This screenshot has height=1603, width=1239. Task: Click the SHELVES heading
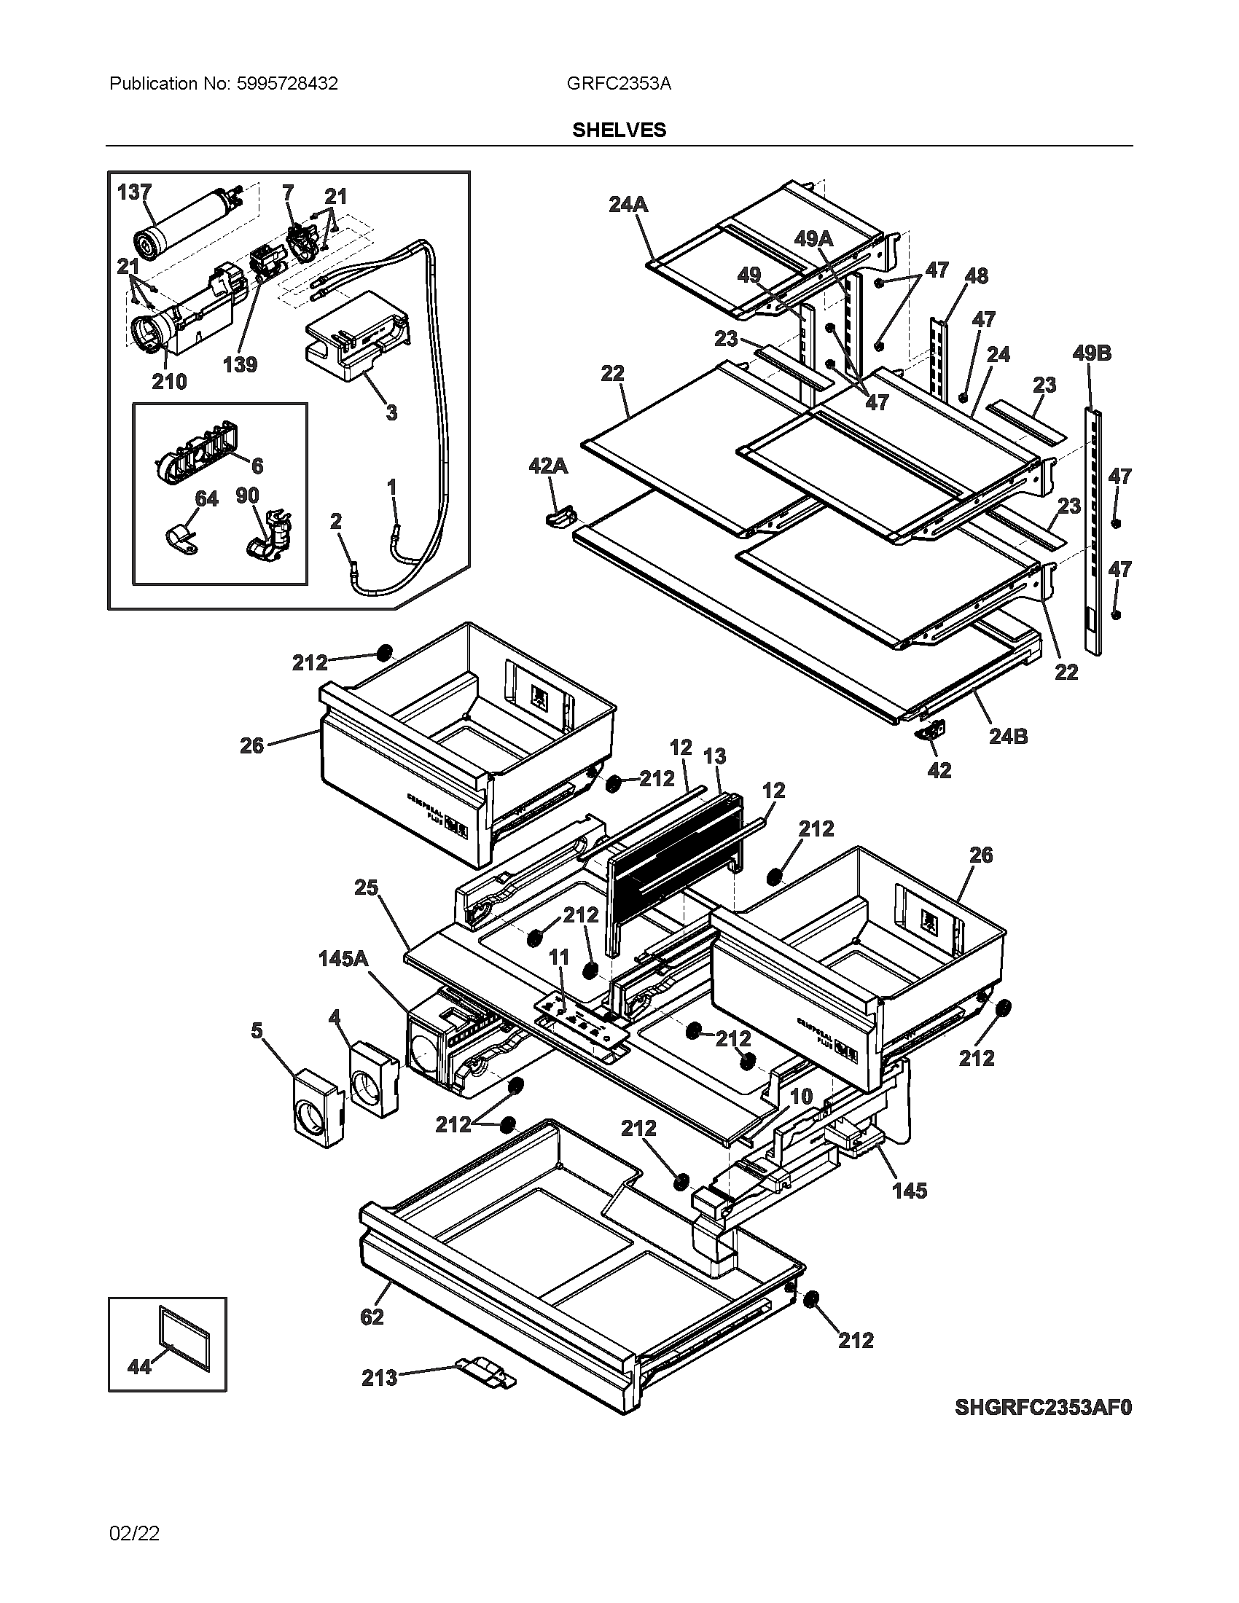click(619, 130)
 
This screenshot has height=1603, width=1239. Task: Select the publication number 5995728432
click(287, 84)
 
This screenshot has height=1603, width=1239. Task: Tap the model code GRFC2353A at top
click(618, 84)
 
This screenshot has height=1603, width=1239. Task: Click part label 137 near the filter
click(134, 192)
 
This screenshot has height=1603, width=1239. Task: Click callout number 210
click(169, 381)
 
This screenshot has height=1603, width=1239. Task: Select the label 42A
click(547, 466)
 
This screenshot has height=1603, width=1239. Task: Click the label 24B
click(1008, 736)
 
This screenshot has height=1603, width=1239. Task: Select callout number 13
click(714, 756)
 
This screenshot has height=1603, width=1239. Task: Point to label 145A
click(343, 959)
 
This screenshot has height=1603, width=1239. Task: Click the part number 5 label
click(256, 1030)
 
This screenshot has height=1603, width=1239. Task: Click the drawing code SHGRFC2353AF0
click(1042, 1408)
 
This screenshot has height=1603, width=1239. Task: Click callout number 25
click(366, 888)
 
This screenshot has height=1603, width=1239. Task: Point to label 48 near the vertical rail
click(976, 276)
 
